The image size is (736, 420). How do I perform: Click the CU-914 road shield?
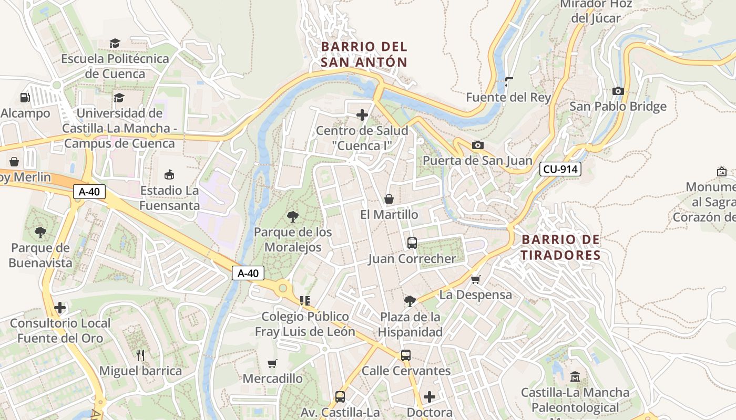[560, 169]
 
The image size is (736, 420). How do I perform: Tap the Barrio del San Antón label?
[364, 54]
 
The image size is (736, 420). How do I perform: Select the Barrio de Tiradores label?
[560, 247]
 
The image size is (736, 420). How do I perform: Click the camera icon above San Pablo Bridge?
[618, 91]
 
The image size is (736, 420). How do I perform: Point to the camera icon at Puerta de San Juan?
[477, 145]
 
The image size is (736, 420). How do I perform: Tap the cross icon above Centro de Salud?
[362, 115]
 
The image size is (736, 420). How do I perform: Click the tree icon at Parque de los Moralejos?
[293, 216]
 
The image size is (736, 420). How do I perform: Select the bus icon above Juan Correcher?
[412, 243]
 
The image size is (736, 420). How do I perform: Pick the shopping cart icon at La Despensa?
[476, 279]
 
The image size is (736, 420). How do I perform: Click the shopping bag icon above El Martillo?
[389, 199]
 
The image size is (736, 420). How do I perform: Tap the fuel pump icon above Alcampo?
[25, 98]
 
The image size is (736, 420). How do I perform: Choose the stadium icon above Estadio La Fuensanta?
[169, 174]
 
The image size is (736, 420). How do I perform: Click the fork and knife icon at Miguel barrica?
[140, 355]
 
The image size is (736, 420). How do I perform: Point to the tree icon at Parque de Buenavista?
[40, 232]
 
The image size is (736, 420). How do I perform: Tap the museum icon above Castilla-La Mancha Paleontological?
[575, 377]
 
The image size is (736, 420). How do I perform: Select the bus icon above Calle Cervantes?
[405, 355]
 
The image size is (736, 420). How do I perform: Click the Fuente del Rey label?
[508, 98]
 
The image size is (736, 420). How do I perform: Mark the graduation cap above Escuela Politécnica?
[115, 43]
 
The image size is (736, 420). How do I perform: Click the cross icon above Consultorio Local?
[60, 308]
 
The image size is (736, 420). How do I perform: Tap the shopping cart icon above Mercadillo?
[272, 363]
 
